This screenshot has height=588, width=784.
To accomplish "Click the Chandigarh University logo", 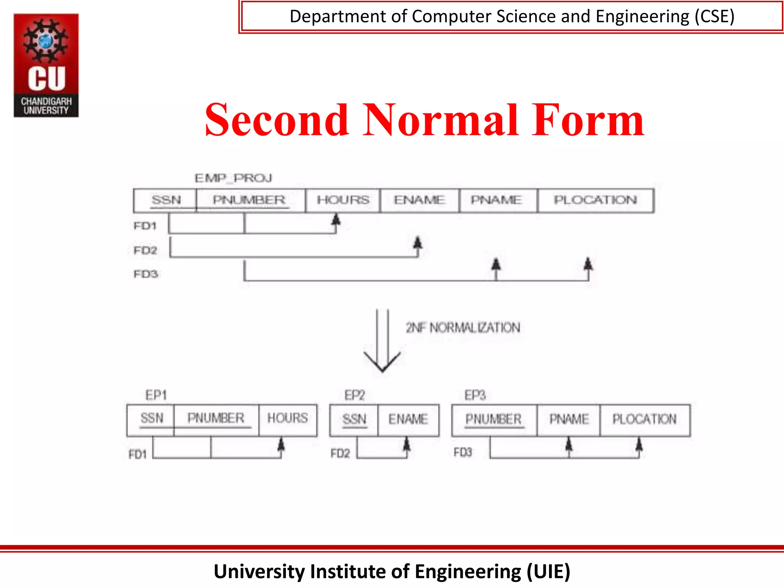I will pos(46,65).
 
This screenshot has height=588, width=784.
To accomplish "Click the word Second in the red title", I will pos(277,120).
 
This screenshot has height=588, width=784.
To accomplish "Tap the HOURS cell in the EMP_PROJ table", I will pos(343,200).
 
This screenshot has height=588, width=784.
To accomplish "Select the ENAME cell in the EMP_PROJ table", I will pos(420,200).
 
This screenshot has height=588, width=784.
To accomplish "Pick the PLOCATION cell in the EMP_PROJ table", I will pos(595,200).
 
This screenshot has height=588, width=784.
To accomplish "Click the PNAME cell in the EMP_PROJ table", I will pos(497,200).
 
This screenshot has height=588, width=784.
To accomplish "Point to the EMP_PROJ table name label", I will pos(233,178).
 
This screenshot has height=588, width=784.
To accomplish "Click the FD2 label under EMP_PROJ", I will pos(145,250).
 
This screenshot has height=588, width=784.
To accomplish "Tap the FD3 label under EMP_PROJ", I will pos(145,274).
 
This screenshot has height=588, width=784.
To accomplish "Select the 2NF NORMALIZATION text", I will pos(463,328).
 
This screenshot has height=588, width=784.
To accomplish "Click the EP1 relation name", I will pos(156,395).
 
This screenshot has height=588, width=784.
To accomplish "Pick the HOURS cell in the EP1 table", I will pos(287,418).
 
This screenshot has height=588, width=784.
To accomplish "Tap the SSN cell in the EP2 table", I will pos(354,420).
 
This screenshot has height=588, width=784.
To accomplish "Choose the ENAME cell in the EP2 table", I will pos(408,420).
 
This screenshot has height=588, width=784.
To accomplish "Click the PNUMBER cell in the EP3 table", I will pos(493,420).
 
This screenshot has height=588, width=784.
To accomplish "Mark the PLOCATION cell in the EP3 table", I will pos(644,420).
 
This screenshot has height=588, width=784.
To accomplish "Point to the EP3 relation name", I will pos(475,395).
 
